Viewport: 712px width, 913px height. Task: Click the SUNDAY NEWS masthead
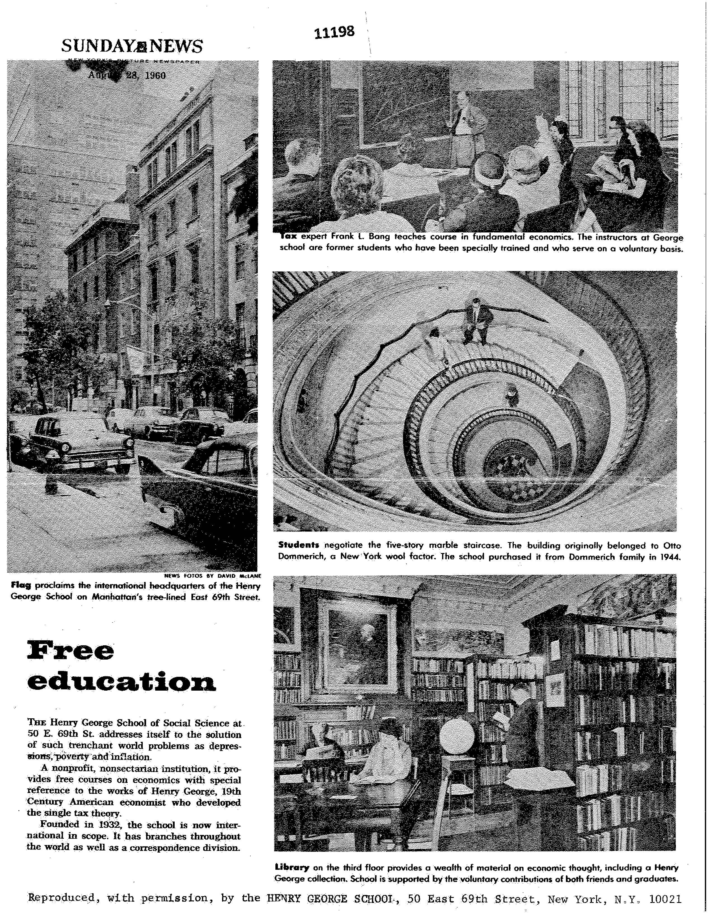pyautogui.click(x=132, y=46)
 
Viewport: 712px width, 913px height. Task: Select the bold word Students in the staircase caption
pyautogui.click(x=299, y=545)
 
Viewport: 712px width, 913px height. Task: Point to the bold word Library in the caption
pyautogui.click(x=292, y=867)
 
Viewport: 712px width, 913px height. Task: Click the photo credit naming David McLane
pyautogui.click(x=213, y=576)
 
